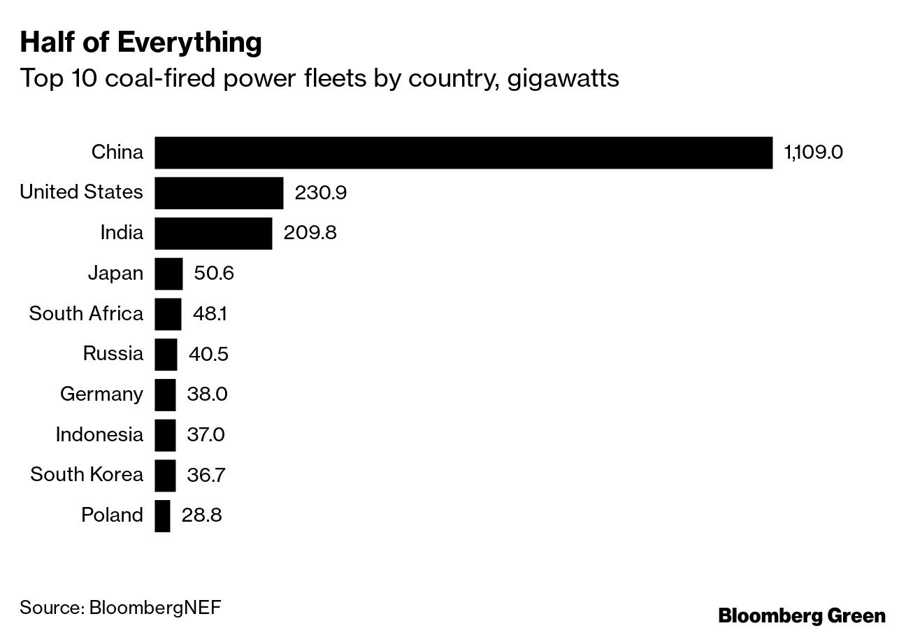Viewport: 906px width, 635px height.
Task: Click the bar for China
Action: point(463,152)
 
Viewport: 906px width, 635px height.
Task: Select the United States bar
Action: point(219,193)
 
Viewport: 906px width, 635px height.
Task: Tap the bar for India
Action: point(213,233)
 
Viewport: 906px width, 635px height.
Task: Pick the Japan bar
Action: point(168,273)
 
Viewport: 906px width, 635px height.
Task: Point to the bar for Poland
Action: point(162,515)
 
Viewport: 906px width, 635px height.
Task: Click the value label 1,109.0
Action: point(814,152)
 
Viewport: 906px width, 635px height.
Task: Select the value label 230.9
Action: point(321,193)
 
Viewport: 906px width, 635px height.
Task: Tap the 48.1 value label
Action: point(209,314)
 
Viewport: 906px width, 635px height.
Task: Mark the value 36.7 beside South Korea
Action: point(208,476)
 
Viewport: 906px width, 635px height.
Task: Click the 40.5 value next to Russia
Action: point(208,354)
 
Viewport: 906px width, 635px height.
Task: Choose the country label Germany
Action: point(101,394)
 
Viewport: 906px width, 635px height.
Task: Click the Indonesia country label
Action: point(99,435)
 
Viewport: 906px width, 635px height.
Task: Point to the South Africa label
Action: point(86,314)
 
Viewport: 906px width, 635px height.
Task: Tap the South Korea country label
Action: point(87,476)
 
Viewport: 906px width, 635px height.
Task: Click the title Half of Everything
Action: point(141,43)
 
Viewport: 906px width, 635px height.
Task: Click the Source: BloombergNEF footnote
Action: point(120,606)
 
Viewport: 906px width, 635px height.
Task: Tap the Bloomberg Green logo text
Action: point(802,615)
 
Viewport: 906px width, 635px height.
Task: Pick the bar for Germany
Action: point(165,394)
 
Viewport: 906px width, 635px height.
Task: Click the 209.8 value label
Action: point(310,233)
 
